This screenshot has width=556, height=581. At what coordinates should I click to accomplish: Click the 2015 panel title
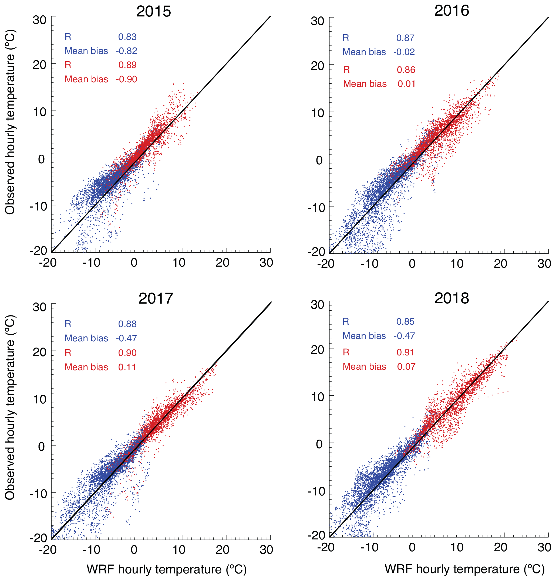(154, 12)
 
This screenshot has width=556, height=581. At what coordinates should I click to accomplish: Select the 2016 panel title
(451, 11)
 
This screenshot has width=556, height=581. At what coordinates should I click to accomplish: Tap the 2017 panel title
(156, 298)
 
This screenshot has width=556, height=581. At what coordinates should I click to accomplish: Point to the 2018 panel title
(451, 298)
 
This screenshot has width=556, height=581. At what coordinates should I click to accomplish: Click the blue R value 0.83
(127, 37)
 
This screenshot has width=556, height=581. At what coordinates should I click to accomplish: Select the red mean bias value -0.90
(126, 79)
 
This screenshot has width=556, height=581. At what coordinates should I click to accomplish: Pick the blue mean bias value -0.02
(404, 52)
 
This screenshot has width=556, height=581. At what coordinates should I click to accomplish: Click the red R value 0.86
(406, 70)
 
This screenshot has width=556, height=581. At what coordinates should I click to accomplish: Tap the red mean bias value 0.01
(406, 84)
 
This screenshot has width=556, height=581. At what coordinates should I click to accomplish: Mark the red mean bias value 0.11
(127, 367)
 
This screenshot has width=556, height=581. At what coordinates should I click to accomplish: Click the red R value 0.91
(405, 352)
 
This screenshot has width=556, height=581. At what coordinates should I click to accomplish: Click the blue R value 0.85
(405, 321)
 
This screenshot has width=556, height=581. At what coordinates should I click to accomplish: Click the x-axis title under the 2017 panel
(167, 569)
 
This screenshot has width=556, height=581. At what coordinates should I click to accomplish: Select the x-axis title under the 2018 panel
(464, 569)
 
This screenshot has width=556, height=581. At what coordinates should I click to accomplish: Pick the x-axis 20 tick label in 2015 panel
(222, 262)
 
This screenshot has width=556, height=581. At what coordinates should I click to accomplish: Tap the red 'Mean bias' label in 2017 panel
(86, 367)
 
